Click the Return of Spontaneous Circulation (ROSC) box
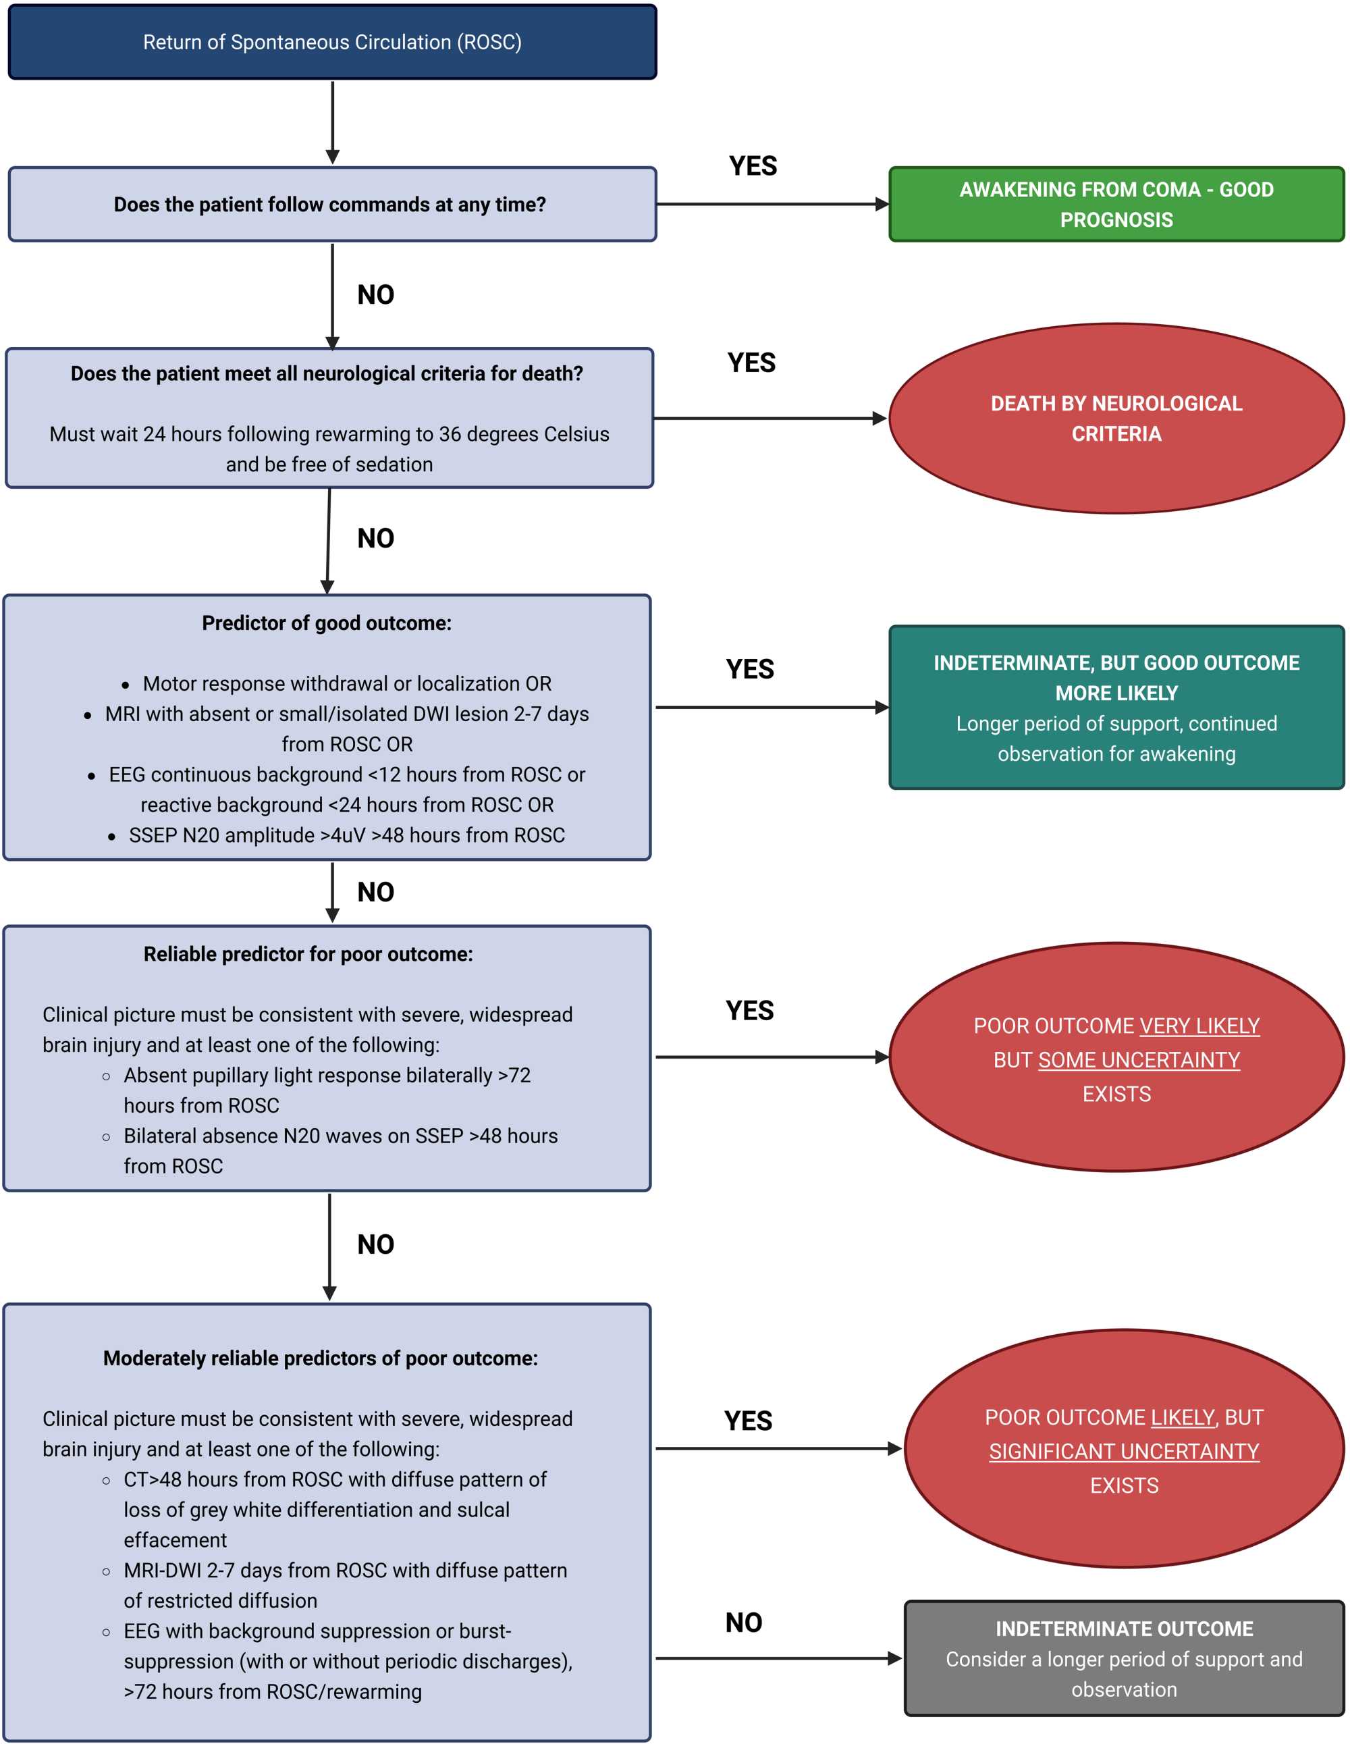[332, 43]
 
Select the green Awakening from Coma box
[1115, 205]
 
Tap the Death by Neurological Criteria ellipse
[1115, 418]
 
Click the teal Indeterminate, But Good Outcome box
[1115, 708]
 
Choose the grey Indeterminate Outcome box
[1123, 1658]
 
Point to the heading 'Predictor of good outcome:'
[327, 623]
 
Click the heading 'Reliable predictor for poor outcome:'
[308, 954]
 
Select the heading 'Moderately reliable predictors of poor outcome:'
[320, 1358]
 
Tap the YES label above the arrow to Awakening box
[752, 166]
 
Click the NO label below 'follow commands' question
[375, 294]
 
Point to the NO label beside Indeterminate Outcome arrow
[743, 1622]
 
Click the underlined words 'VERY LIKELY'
[1199, 1026]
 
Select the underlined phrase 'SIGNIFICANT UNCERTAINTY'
[1123, 1452]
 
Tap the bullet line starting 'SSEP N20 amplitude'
[346, 835]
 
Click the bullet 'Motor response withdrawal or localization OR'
[346, 683]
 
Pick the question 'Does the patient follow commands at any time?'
[329, 205]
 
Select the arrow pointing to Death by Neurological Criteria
[769, 418]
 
